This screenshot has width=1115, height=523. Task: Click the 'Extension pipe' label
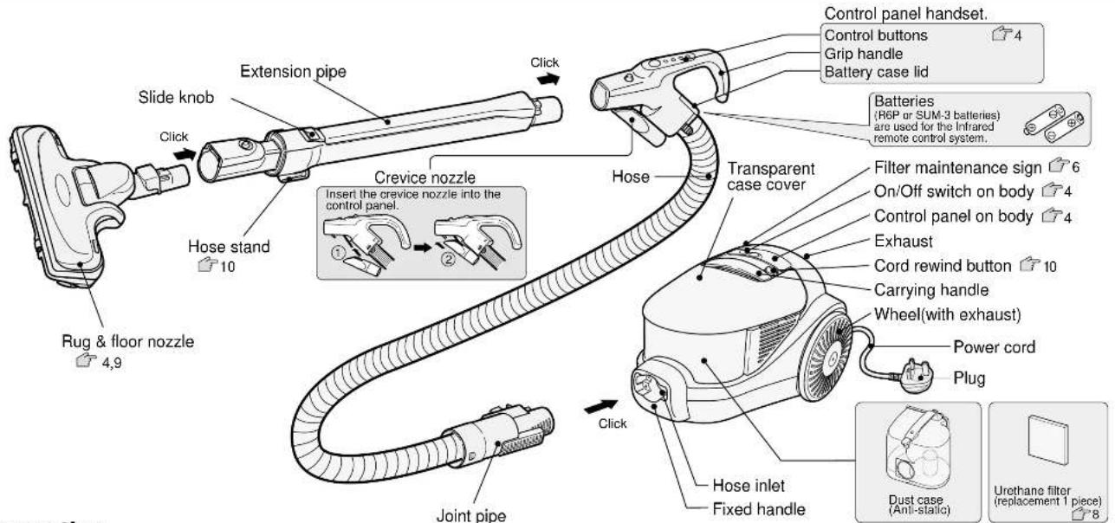click(x=293, y=72)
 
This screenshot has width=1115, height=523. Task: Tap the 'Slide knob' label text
click(x=176, y=97)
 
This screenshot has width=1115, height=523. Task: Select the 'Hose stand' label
click(x=229, y=246)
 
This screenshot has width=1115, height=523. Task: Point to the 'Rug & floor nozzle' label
click(x=128, y=341)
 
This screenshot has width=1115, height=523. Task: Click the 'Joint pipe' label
click(x=471, y=514)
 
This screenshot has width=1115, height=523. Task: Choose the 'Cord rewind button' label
click(x=943, y=266)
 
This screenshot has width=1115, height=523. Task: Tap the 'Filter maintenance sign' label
click(x=957, y=168)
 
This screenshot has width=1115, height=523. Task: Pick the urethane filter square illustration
click(x=1047, y=440)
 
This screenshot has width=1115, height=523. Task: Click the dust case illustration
click(x=918, y=449)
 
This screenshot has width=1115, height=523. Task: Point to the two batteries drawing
click(x=1053, y=124)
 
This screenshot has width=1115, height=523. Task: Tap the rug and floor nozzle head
click(x=68, y=204)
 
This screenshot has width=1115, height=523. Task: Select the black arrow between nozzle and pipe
click(x=186, y=154)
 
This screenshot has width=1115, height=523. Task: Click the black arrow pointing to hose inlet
click(x=600, y=407)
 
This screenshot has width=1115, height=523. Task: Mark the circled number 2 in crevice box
click(x=449, y=259)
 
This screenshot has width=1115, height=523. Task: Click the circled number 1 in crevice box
click(x=338, y=253)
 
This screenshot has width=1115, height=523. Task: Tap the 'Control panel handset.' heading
click(x=906, y=14)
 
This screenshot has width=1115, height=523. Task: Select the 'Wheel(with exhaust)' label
click(x=947, y=314)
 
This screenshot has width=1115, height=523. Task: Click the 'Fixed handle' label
click(x=759, y=509)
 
